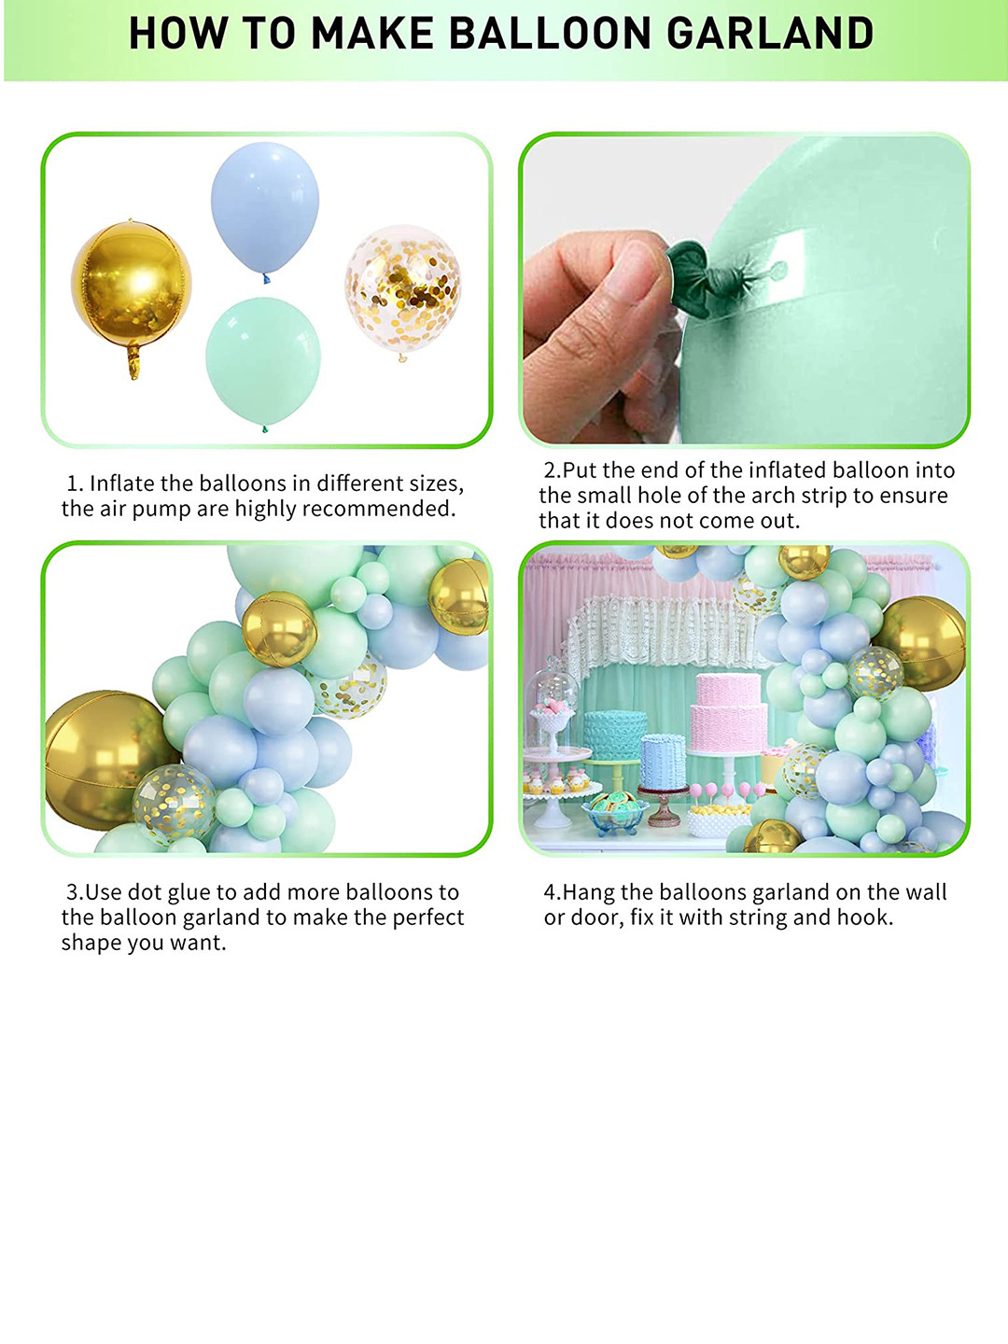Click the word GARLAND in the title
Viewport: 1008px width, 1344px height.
pyautogui.click(x=770, y=35)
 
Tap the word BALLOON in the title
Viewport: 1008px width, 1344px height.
pyautogui.click(x=551, y=35)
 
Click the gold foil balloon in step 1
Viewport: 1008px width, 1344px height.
pyautogui.click(x=131, y=285)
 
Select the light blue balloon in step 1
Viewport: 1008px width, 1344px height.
pyautogui.click(x=265, y=205)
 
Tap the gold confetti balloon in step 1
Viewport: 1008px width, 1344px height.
pyautogui.click(x=402, y=287)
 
